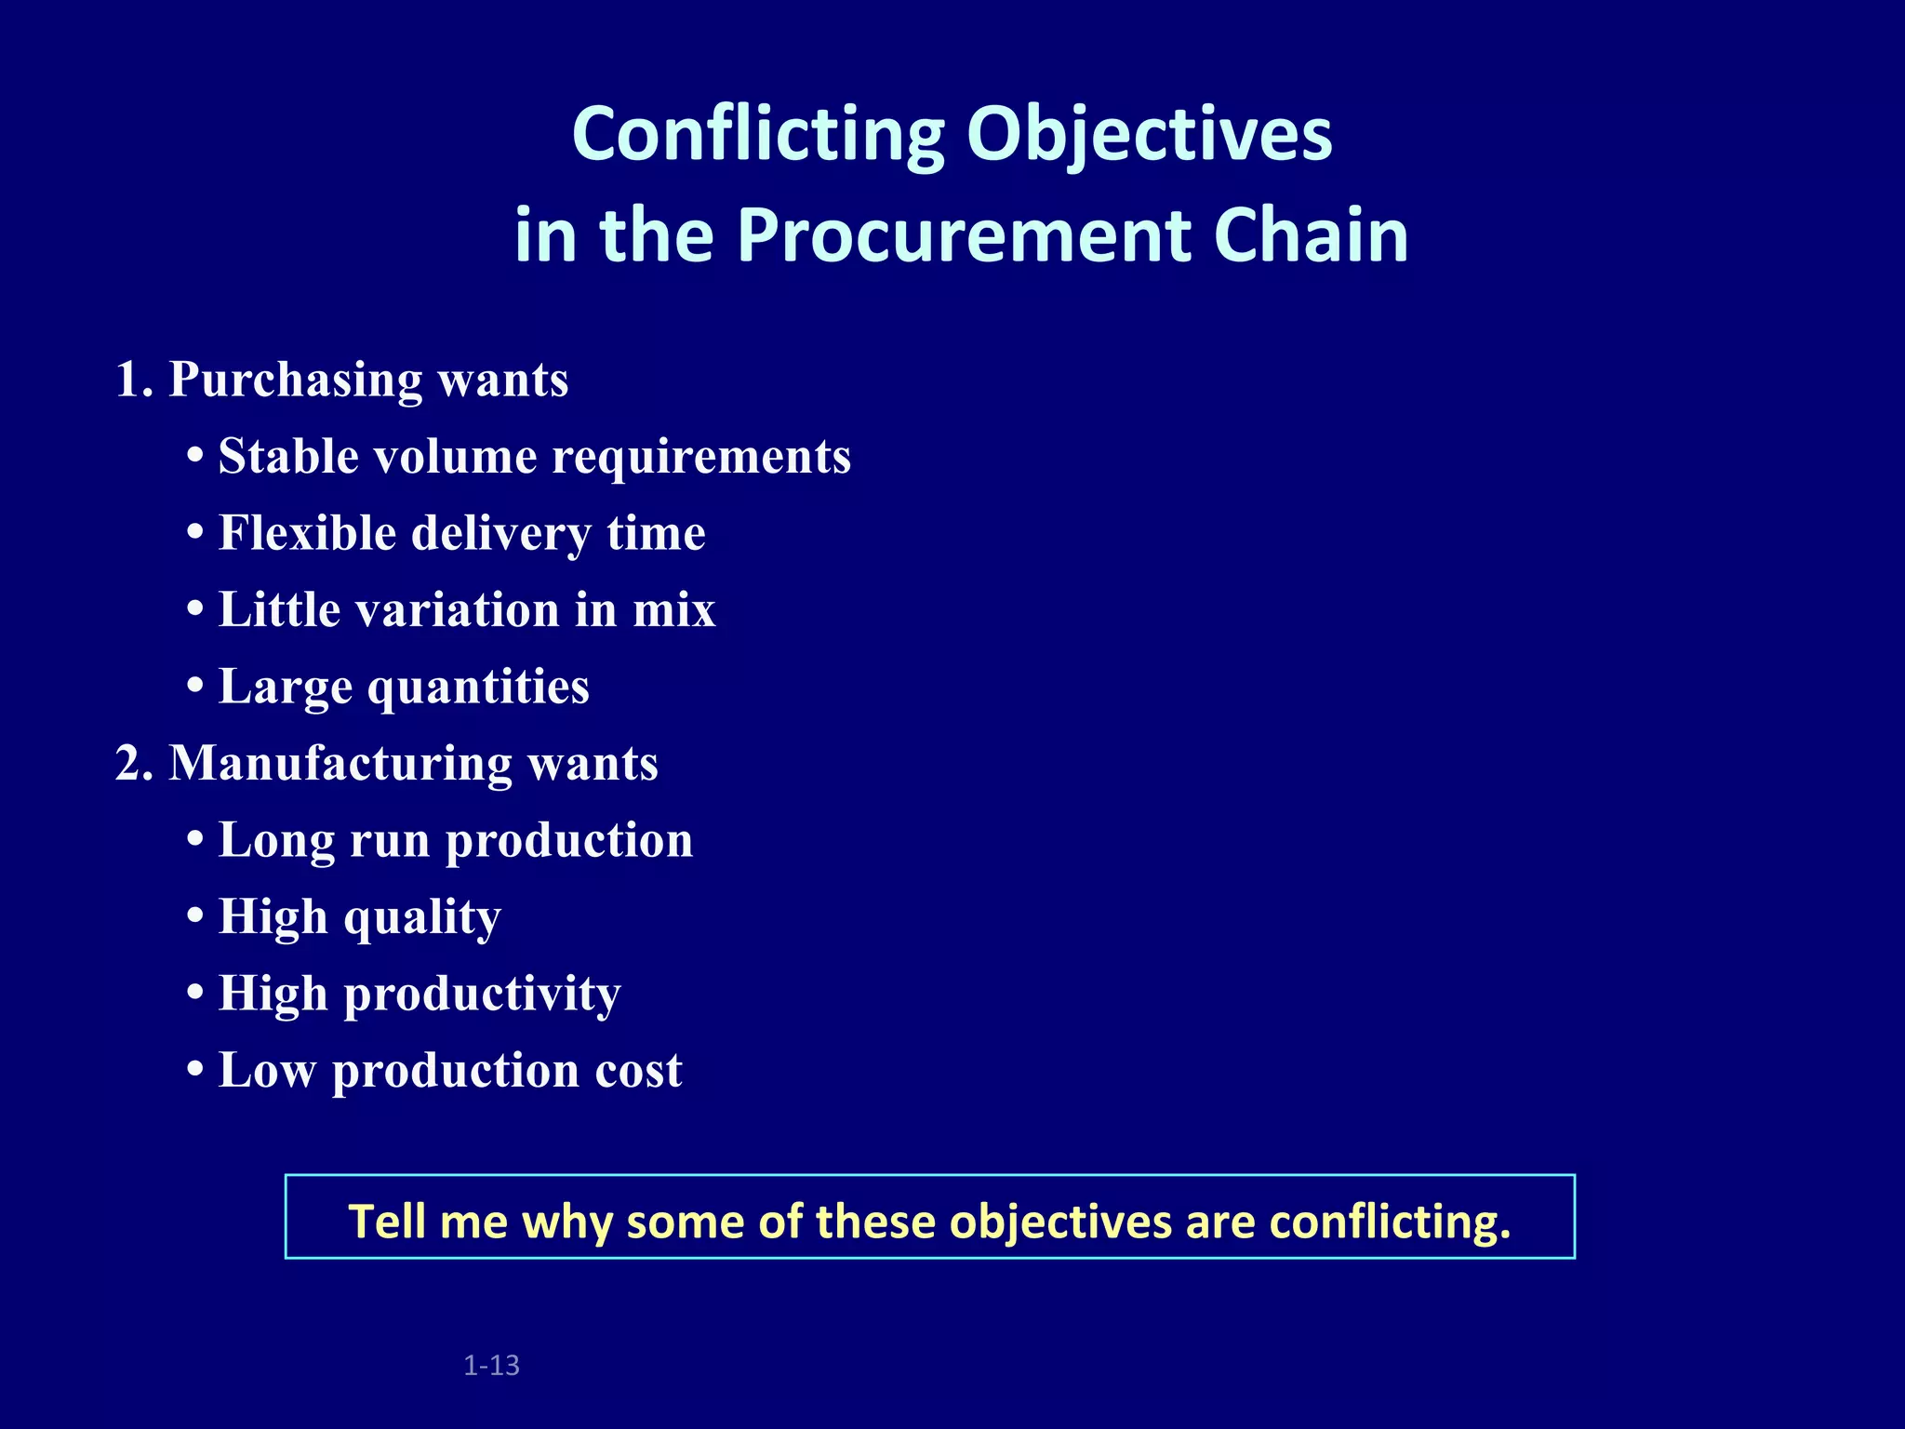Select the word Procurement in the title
965,235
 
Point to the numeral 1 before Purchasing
127,380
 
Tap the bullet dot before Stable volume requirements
195,458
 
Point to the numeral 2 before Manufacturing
127,764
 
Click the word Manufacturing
340,764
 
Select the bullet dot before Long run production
195,841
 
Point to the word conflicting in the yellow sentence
1390,1222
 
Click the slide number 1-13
491,1366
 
